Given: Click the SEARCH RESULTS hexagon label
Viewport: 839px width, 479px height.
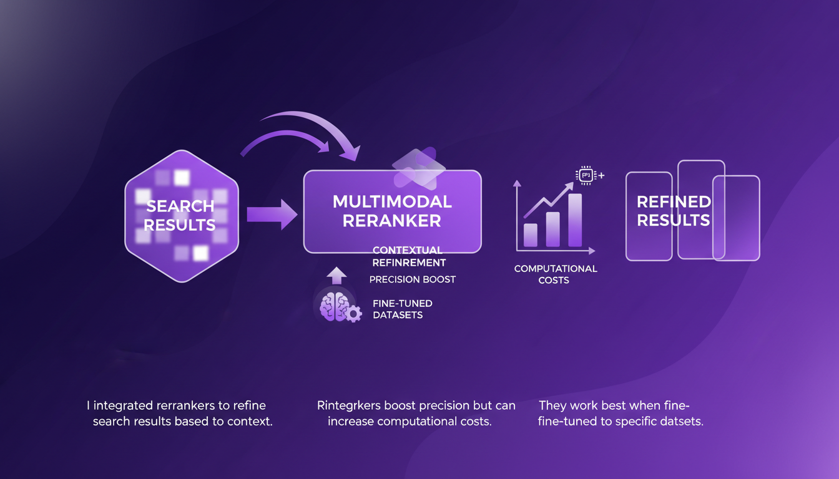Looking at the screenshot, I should point(180,215).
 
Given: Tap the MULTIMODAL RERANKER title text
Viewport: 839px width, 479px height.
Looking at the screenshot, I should point(392,211).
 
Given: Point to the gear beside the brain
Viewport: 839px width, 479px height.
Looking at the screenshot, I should point(353,314).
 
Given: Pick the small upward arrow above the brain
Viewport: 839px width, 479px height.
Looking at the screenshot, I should point(336,275).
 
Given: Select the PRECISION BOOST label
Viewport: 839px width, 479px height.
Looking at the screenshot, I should point(412,279).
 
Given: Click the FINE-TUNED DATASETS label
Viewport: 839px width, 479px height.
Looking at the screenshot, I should point(402,309).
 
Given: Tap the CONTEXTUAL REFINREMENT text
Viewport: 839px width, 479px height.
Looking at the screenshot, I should point(409,256).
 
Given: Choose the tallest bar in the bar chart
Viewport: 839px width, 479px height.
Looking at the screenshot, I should point(575,220).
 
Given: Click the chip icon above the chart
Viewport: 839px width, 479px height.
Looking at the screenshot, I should point(586,176).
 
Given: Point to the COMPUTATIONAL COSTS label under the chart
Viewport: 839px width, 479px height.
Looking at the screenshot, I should point(555,274).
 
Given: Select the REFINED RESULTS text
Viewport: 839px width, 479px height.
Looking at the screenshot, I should point(673,211).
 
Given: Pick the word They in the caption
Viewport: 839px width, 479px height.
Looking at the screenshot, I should point(552,406).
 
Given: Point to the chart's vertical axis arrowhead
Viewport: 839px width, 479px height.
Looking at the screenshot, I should point(517,184).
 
